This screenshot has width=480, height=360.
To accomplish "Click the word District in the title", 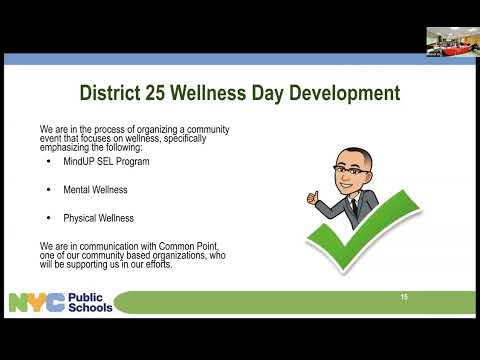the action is pos(110,92).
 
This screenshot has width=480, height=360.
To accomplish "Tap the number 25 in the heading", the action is pos(155,92).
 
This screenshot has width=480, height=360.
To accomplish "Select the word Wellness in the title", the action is pos(208,92).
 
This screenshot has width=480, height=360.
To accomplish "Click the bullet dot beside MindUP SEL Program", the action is pos(49,162).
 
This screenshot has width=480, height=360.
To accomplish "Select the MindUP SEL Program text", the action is pos(106,162).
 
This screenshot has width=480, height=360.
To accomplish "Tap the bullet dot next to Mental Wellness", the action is pos(49,190).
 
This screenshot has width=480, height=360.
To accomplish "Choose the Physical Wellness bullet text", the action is pos(99,218).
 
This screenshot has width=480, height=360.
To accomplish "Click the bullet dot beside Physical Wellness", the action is pos(49,218).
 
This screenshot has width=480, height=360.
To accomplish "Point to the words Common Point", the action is pos(188,246).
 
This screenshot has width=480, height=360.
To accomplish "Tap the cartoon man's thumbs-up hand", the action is pos(313,198).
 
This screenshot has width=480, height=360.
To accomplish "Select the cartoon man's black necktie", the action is pos(354,207).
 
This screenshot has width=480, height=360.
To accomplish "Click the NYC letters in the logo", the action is pos(37,302).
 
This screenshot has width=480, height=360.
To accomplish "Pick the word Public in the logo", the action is pos(85,297).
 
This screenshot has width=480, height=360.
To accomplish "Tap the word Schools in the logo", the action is pos(90,307).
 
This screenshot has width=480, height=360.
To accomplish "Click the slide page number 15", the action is pos(404,297).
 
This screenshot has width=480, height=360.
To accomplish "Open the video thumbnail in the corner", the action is pos(453,42).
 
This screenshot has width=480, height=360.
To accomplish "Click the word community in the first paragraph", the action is pos(208,129).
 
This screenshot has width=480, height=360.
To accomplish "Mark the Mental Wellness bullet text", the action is pos(95,190).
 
